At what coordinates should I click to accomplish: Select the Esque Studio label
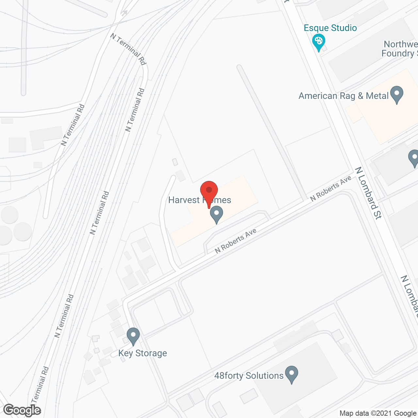(x=330, y=28)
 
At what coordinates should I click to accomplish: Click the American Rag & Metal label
(x=344, y=96)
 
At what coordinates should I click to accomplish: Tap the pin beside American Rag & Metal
(x=396, y=94)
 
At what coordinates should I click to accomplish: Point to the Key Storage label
(x=143, y=353)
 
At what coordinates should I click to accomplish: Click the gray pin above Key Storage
(x=133, y=336)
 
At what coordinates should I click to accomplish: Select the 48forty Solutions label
(x=249, y=376)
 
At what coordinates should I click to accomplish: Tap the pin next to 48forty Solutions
(x=292, y=374)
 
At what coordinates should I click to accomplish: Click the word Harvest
(x=184, y=200)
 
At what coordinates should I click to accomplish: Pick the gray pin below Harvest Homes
(x=216, y=214)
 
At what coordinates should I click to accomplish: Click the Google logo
(x=22, y=410)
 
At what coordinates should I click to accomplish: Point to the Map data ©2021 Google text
(x=378, y=413)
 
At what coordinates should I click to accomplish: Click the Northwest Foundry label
(x=400, y=49)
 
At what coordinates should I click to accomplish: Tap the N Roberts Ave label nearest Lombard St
(x=330, y=188)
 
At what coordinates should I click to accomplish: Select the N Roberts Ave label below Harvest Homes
(x=235, y=241)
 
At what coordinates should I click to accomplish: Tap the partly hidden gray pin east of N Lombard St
(x=414, y=158)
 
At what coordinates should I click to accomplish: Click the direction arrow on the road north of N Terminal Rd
(x=124, y=13)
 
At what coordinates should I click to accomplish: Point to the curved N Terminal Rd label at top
(x=128, y=49)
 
